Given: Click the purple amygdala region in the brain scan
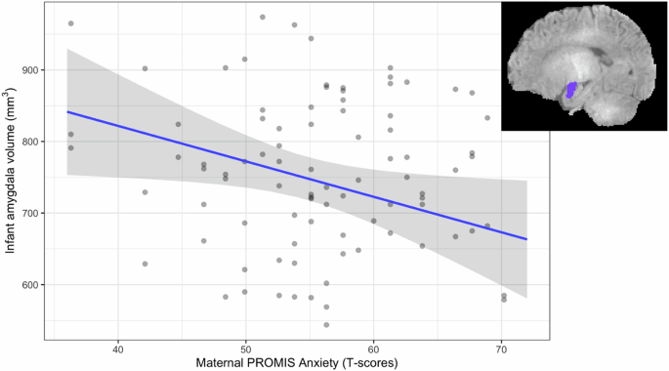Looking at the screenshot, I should pos(569,91).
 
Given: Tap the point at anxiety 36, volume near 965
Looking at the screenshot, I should pos(70,23).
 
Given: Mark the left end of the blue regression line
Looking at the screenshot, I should pos(66,112).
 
